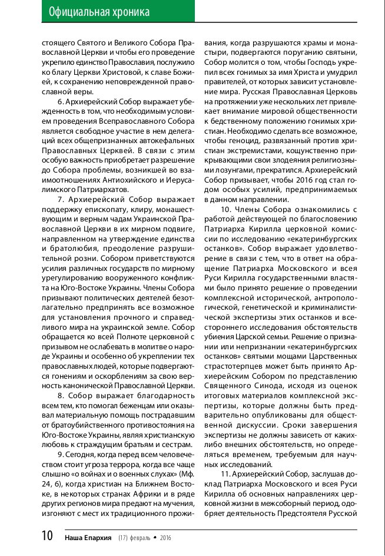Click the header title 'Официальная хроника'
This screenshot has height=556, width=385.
pyautogui.click(x=99, y=12)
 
